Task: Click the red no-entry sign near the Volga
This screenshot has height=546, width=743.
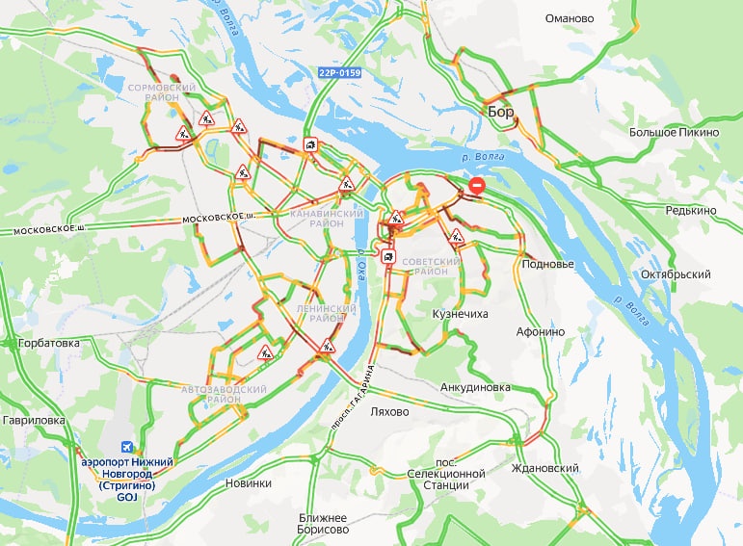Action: tap(476, 186)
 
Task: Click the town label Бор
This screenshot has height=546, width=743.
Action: tap(501, 113)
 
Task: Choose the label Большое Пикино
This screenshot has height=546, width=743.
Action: tap(674, 132)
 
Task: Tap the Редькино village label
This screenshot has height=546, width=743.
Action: tap(690, 210)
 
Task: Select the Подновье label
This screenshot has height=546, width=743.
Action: tap(547, 264)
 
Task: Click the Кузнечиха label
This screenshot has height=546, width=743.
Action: tap(460, 314)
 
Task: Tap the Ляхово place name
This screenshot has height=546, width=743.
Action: tap(389, 411)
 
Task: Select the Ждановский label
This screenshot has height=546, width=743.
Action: tap(546, 468)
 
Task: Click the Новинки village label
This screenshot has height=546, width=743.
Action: tap(247, 483)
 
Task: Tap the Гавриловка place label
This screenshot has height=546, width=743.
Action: tap(33, 420)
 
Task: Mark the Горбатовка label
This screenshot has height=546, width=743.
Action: tap(40, 342)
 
